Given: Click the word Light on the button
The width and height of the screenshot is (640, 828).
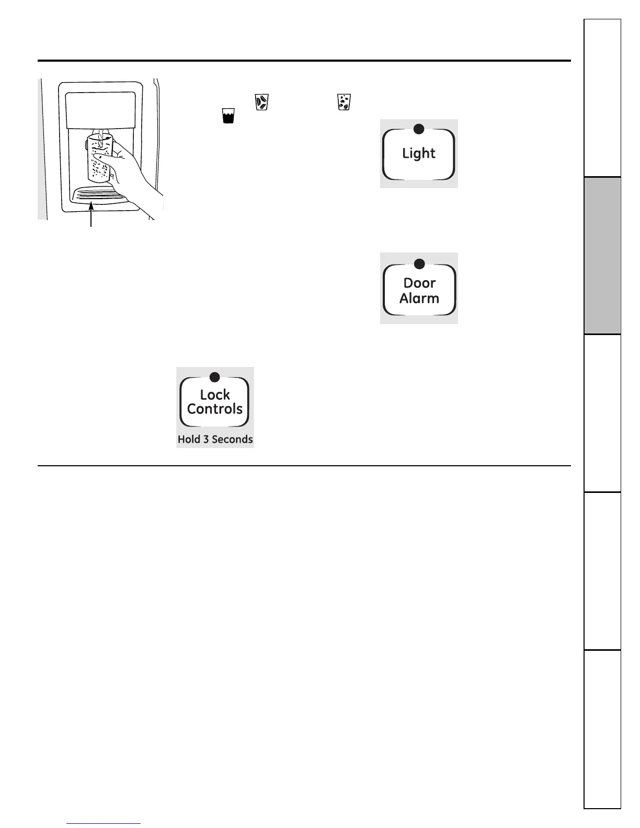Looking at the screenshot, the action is [x=418, y=154].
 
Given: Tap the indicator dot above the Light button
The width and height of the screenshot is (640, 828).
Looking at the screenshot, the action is [x=418, y=129].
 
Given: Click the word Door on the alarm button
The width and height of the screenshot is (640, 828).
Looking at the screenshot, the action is [x=419, y=283].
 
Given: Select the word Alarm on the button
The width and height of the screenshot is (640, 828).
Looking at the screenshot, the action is [x=419, y=298].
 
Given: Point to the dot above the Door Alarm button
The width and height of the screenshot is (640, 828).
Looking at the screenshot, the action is [x=419, y=263].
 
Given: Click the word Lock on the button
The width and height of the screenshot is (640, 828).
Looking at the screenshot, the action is [x=215, y=395].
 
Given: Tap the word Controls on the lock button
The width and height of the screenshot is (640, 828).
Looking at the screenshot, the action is [x=215, y=409].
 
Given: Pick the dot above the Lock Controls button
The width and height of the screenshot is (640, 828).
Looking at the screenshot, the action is [x=214, y=376].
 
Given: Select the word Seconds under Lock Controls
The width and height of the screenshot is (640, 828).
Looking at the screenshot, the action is [x=232, y=440].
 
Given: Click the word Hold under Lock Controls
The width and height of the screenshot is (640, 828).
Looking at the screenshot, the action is [x=189, y=440].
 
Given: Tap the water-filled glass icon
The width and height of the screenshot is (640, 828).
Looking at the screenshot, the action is [x=228, y=116].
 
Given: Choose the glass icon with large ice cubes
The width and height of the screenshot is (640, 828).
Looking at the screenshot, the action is [x=261, y=102].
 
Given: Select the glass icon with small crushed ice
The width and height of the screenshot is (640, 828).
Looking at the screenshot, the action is [x=344, y=102].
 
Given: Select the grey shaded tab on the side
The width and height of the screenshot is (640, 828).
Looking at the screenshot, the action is [x=602, y=256].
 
